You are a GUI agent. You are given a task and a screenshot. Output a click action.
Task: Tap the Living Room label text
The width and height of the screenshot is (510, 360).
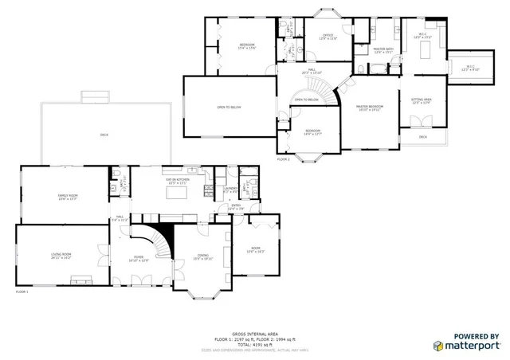point(61,256)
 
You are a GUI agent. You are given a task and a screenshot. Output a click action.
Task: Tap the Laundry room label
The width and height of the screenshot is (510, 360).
point(229,190)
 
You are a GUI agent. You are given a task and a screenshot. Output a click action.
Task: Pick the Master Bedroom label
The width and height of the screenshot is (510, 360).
point(370,108)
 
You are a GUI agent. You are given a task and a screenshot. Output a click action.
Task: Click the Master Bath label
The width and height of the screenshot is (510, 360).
point(384,50)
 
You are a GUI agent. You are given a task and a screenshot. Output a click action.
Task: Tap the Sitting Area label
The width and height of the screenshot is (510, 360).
point(421,100)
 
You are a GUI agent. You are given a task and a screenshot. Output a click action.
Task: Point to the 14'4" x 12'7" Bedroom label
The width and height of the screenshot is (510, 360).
point(313,132)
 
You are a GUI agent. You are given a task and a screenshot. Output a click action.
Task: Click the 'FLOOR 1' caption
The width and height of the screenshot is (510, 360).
point(22,292)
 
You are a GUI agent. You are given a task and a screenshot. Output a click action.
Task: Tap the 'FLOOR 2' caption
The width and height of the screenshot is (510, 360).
point(284,159)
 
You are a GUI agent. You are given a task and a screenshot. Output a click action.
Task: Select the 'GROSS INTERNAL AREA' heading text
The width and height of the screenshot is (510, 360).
point(255,334)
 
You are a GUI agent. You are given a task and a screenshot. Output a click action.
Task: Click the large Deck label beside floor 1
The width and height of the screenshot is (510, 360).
point(104,135)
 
